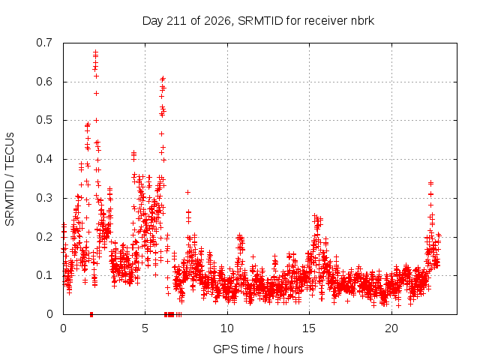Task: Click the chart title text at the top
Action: (x=258, y=21)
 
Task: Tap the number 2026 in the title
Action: (x=217, y=21)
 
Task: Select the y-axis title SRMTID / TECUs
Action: (x=10, y=179)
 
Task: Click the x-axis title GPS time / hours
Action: (x=258, y=349)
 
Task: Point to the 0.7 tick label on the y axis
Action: (x=44, y=43)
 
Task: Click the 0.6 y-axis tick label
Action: (x=44, y=82)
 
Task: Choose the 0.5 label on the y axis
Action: (x=44, y=120)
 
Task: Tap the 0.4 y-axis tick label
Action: (x=44, y=159)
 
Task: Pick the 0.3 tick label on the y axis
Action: (x=44, y=198)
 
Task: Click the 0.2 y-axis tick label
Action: (x=44, y=237)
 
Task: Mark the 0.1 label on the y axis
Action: (x=44, y=275)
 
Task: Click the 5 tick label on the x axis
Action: (x=145, y=328)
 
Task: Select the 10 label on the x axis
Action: (x=226, y=328)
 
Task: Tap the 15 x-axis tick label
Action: (x=309, y=328)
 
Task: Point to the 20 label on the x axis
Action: (x=391, y=328)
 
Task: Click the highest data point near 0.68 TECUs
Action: (x=95, y=52)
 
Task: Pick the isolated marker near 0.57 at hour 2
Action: (x=97, y=93)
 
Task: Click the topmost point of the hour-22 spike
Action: (x=430, y=183)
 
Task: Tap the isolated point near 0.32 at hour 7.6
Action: (x=188, y=192)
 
